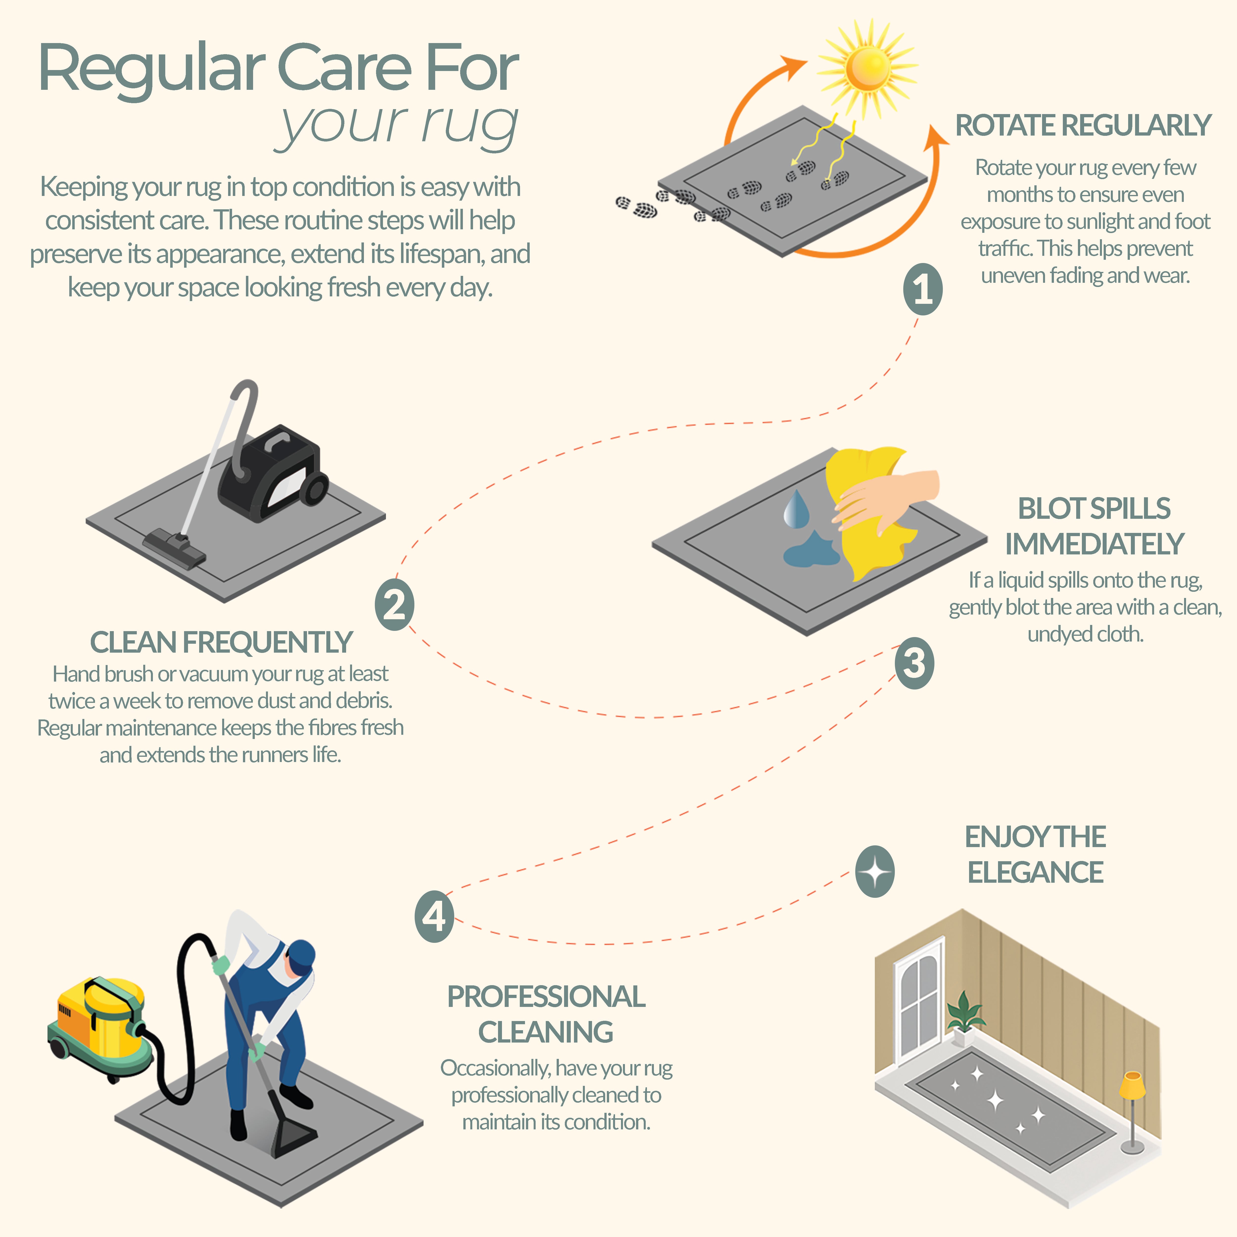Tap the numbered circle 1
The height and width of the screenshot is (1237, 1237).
click(923, 289)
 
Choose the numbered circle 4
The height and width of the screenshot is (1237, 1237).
click(434, 916)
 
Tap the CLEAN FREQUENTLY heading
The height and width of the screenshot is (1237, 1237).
click(221, 642)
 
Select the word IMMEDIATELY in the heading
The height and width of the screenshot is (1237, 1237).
click(1094, 544)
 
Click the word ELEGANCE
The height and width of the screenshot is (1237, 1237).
click(1035, 872)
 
